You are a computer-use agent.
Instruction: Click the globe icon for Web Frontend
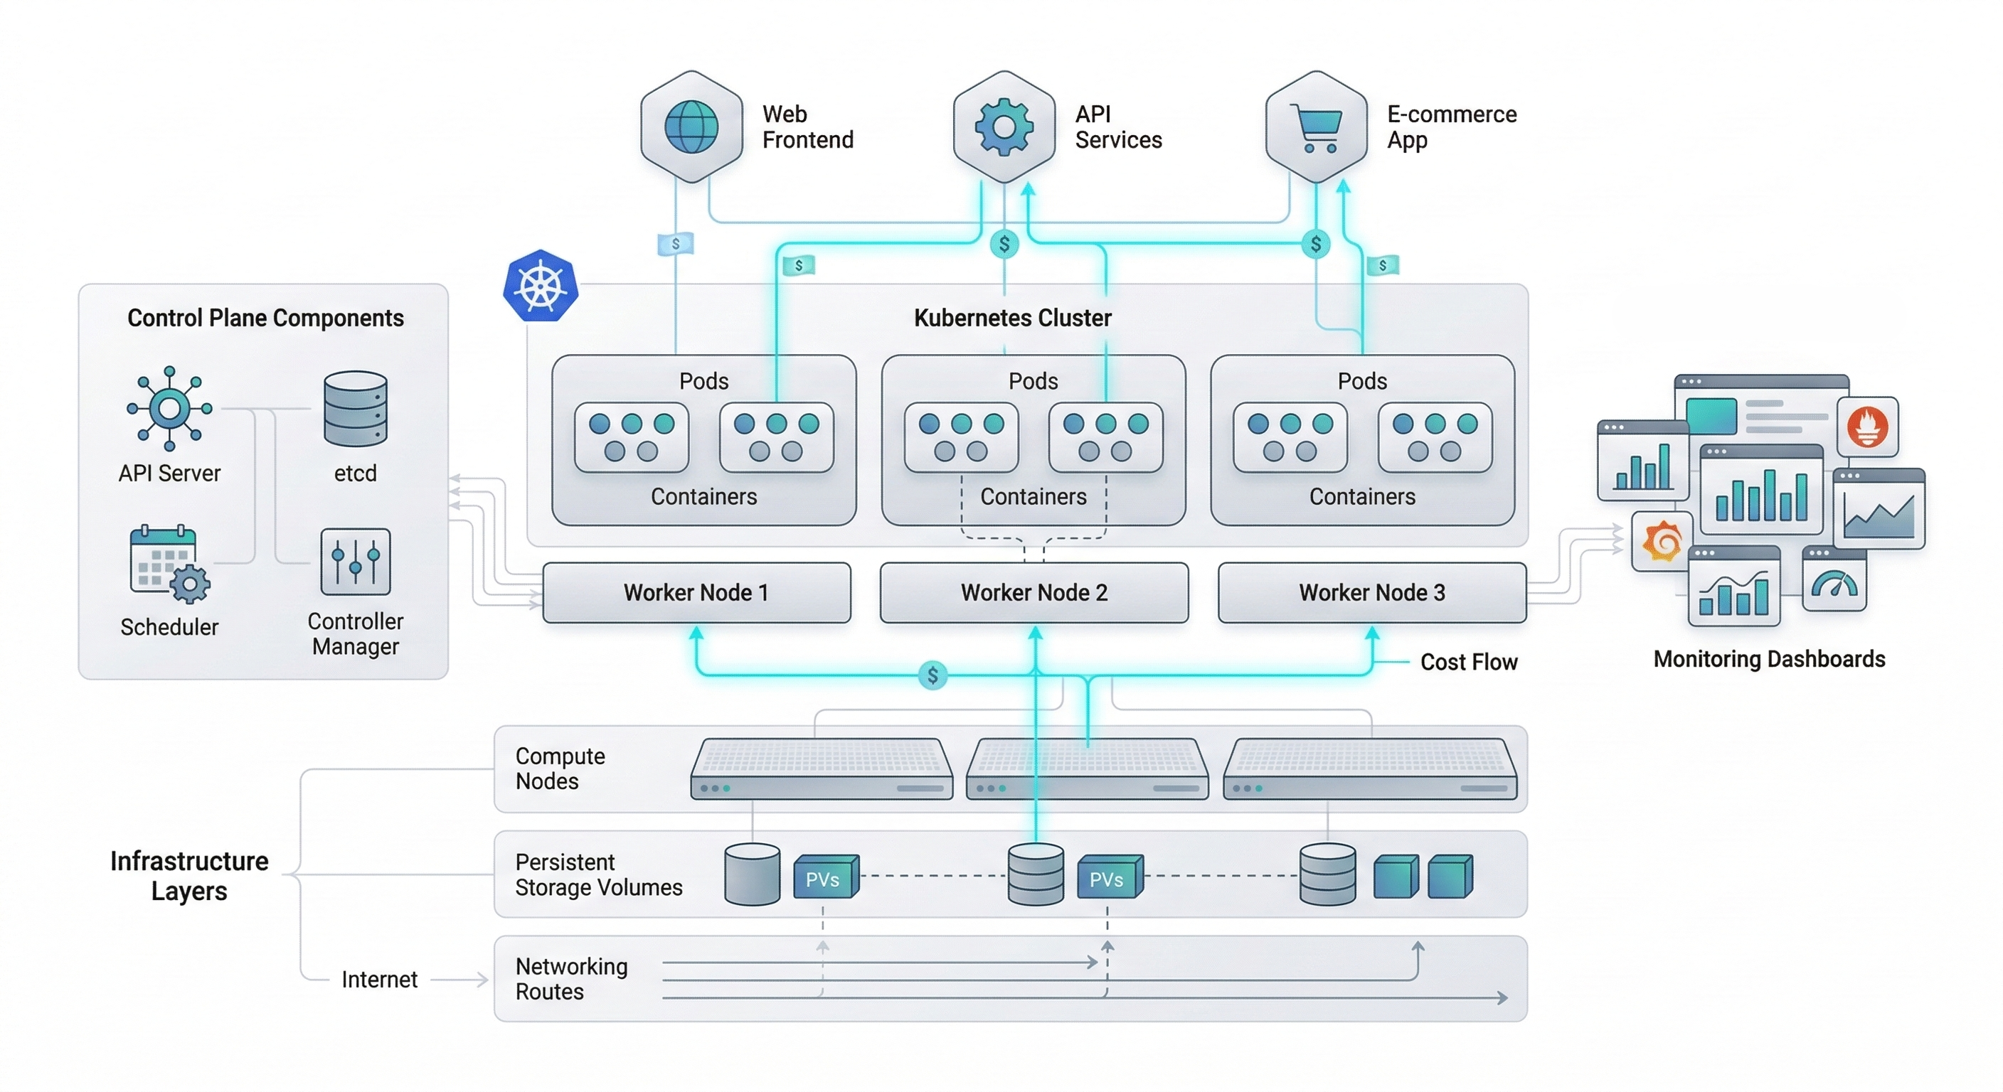(x=691, y=127)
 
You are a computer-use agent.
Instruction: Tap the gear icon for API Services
(x=1004, y=127)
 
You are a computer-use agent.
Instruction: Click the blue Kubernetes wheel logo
(x=541, y=285)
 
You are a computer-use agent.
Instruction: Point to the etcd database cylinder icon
(x=356, y=408)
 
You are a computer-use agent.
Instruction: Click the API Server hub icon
(x=169, y=408)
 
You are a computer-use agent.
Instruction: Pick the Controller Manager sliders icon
(x=356, y=561)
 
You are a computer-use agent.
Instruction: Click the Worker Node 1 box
(x=696, y=592)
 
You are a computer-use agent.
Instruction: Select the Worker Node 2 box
(x=1034, y=592)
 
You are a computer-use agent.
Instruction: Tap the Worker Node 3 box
(x=1371, y=592)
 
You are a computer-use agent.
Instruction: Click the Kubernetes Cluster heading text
(x=1012, y=318)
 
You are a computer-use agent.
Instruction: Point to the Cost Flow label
(x=1469, y=662)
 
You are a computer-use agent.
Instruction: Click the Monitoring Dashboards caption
(x=1769, y=659)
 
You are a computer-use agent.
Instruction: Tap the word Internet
(x=379, y=979)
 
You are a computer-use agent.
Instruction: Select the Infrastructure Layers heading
(x=189, y=876)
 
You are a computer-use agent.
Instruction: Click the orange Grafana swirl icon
(x=1662, y=541)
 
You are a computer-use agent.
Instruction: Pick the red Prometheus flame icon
(x=1868, y=427)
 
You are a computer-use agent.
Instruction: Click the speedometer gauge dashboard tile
(x=1834, y=580)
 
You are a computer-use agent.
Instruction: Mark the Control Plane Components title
(x=265, y=318)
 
